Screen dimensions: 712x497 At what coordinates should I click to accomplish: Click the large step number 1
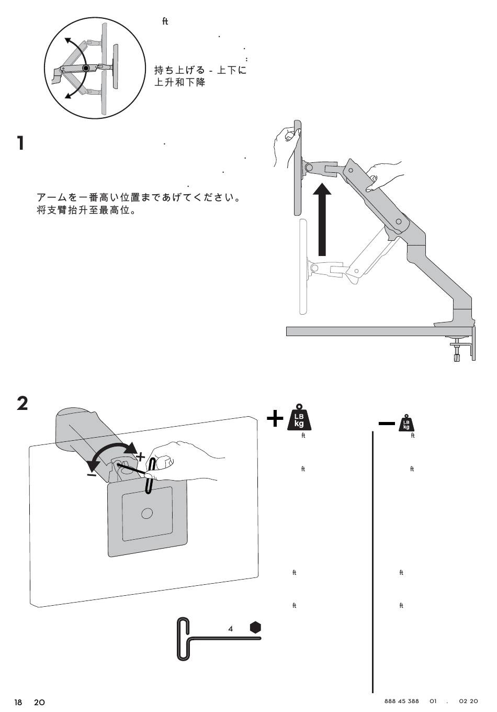coord(20,143)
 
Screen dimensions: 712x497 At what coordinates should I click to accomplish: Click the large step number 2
coord(22,403)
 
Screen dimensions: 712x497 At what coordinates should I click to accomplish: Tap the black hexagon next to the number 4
coord(255,627)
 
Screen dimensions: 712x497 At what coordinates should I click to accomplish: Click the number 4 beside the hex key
coord(231,628)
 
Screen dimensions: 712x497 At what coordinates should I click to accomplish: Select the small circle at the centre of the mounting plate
coord(147,513)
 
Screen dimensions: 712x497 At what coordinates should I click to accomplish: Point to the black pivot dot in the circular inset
coord(85,68)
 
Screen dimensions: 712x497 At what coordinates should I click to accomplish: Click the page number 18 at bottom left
coord(19,702)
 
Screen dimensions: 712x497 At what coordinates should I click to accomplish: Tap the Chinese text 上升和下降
coord(180,83)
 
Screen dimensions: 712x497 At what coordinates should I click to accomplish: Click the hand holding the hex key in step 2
coord(183,464)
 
